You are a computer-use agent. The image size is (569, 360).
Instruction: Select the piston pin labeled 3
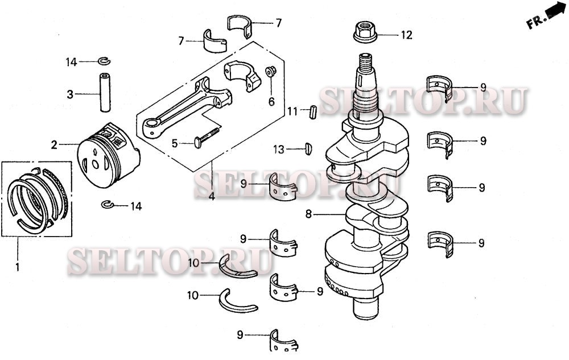click(x=105, y=92)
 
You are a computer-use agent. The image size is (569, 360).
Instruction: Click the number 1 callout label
click(x=17, y=266)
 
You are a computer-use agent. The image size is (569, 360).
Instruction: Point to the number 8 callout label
click(x=309, y=215)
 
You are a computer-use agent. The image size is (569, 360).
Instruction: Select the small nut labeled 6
click(x=271, y=72)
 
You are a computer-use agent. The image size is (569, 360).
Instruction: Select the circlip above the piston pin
click(x=105, y=61)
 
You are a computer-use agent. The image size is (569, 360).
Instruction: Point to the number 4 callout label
click(x=212, y=197)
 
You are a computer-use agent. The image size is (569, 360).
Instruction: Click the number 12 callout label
click(x=405, y=35)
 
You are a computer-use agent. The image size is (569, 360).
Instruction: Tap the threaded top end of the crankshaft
click(x=365, y=63)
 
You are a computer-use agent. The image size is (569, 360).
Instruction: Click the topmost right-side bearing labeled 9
click(x=439, y=87)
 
